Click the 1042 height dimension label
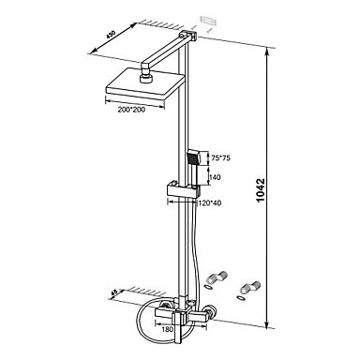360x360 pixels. [x=260, y=190]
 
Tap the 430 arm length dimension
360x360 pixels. [x=111, y=34]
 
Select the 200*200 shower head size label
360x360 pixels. [x=131, y=110]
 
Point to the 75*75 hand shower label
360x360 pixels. [x=220, y=158]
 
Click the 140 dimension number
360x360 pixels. [x=216, y=177]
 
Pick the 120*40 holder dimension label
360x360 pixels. [x=210, y=203]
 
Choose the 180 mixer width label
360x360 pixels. [x=168, y=329]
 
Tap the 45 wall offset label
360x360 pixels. [x=114, y=292]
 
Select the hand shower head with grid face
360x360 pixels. [x=193, y=158]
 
